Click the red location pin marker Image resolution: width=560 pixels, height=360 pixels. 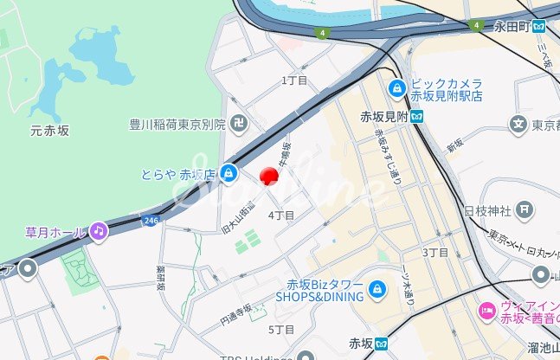(x=269, y=177)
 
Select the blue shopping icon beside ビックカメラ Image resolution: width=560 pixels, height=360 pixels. (x=397, y=87)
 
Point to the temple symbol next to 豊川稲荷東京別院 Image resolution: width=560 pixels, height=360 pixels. (x=238, y=124)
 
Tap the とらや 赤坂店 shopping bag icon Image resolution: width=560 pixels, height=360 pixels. (x=227, y=173)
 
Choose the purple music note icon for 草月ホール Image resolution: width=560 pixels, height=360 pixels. (x=99, y=231)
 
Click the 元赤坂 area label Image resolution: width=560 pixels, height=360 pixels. (x=50, y=131)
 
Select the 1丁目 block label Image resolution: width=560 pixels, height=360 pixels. (x=295, y=80)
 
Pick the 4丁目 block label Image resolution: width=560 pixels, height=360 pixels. (x=281, y=215)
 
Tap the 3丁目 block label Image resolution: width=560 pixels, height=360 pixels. (x=435, y=252)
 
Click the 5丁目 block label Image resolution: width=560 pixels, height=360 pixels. (x=281, y=330)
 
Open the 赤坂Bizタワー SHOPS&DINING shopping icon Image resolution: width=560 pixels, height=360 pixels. (x=377, y=289)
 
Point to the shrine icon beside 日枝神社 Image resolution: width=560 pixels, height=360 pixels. (x=524, y=209)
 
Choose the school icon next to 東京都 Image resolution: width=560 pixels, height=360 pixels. (x=518, y=125)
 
